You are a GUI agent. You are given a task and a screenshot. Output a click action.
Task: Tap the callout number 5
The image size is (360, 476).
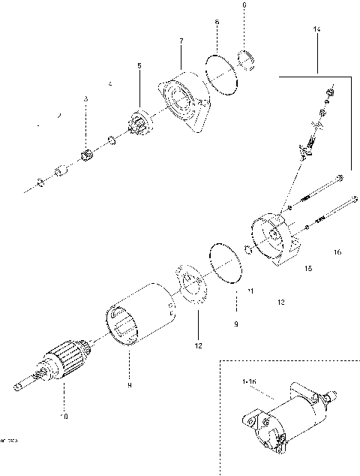[x=139, y=67]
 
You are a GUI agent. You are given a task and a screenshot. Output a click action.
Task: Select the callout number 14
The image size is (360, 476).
[x=316, y=29]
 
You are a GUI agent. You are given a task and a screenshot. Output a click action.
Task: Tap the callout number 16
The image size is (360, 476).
[x=337, y=252]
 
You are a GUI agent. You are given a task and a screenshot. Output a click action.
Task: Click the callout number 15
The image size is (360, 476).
[x=307, y=267]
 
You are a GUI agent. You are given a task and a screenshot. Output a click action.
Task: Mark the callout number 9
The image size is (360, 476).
[x=235, y=324]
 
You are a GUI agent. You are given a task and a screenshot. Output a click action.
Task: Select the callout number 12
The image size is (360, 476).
[x=199, y=346]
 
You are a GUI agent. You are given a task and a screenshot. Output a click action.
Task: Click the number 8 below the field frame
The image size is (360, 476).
[x=129, y=385]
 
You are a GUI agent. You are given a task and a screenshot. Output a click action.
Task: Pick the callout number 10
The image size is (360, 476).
[x=64, y=415]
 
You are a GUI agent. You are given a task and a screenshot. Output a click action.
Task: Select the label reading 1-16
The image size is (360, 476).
[x=249, y=382]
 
